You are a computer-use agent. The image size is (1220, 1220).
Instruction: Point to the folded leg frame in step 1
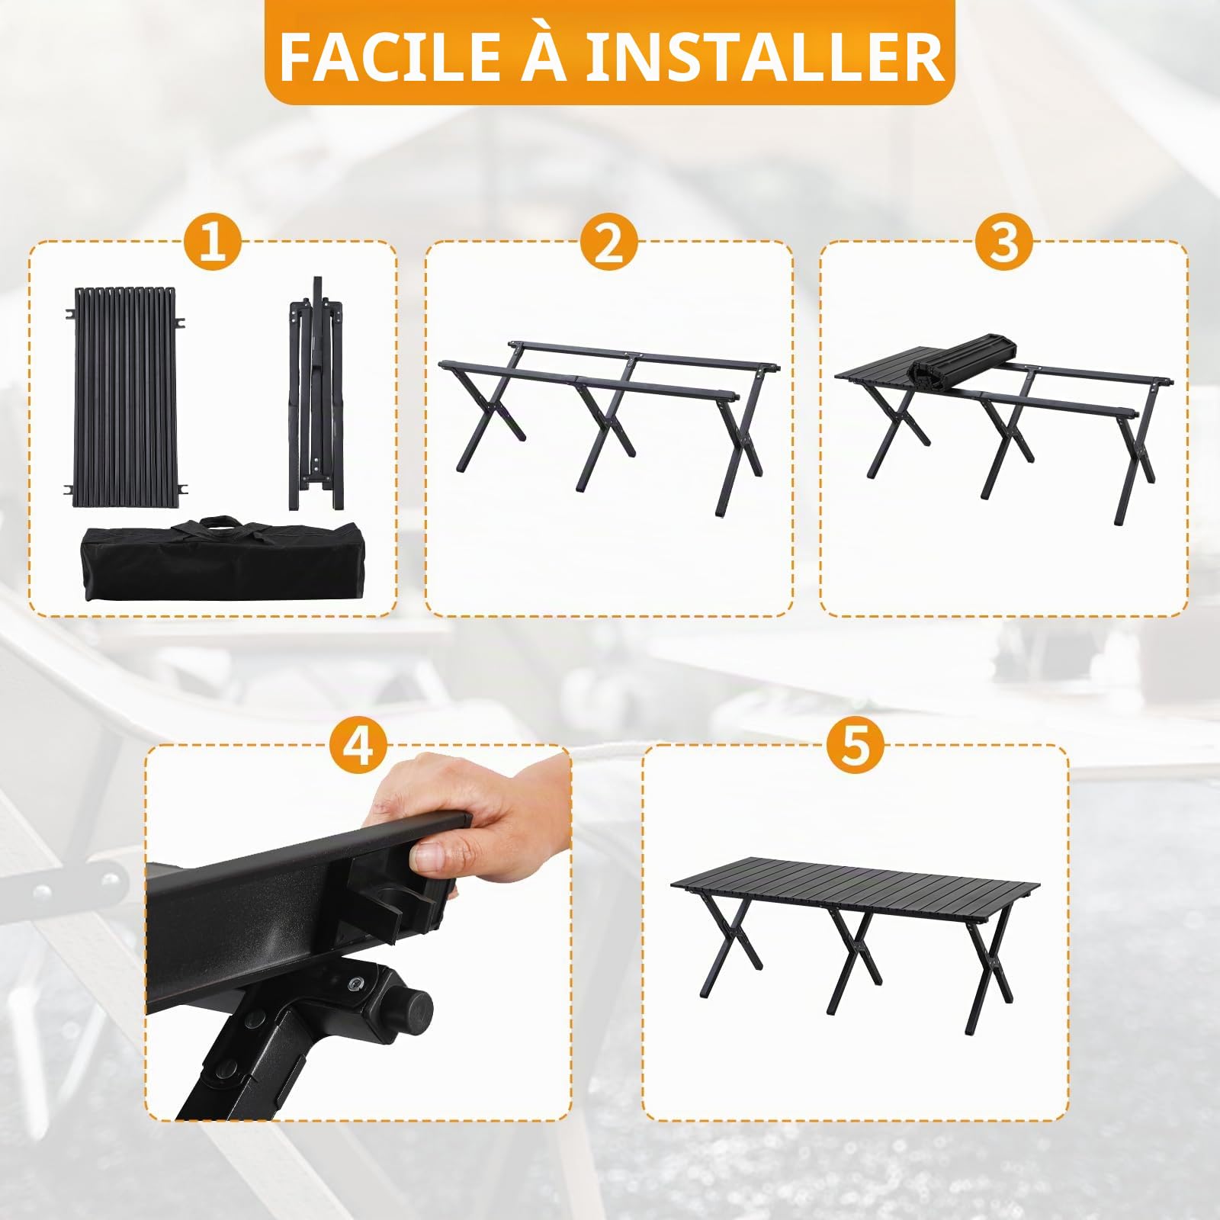tap(315, 393)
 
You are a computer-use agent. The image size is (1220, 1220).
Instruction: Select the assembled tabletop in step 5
tap(855, 887)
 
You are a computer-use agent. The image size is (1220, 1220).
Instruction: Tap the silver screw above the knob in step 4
tap(355, 981)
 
